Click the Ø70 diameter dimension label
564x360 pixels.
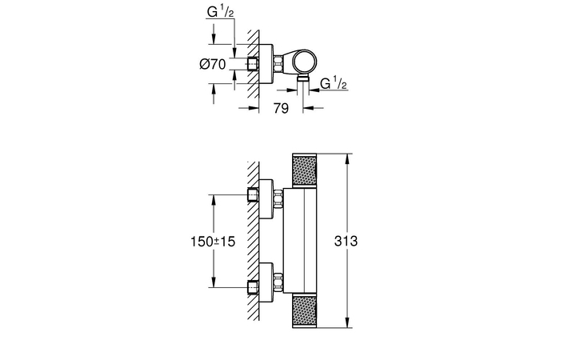pos(213,64)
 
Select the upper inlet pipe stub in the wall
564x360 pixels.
pos(253,198)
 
